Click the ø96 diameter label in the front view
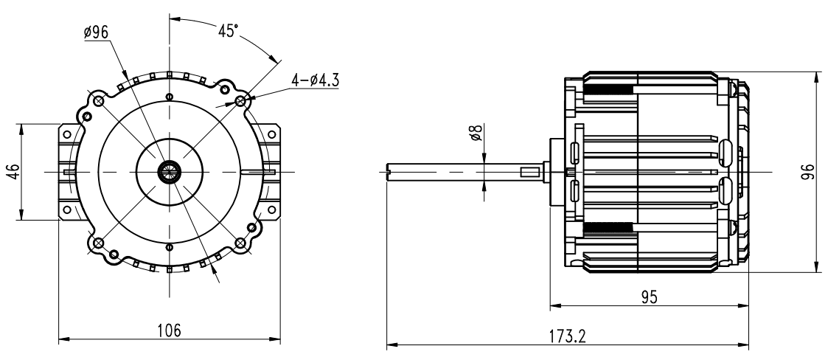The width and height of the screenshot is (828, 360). click(x=96, y=32)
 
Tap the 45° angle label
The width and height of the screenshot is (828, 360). click(x=228, y=31)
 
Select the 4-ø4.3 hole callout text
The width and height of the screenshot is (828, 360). click(x=316, y=80)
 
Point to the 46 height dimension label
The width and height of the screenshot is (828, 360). click(x=13, y=171)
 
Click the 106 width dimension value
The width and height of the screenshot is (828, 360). click(x=170, y=330)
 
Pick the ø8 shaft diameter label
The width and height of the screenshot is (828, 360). click(x=476, y=132)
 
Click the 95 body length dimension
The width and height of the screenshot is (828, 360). click(x=650, y=297)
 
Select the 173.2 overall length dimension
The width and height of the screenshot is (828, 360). click(x=568, y=336)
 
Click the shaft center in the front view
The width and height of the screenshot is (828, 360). click(x=170, y=172)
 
